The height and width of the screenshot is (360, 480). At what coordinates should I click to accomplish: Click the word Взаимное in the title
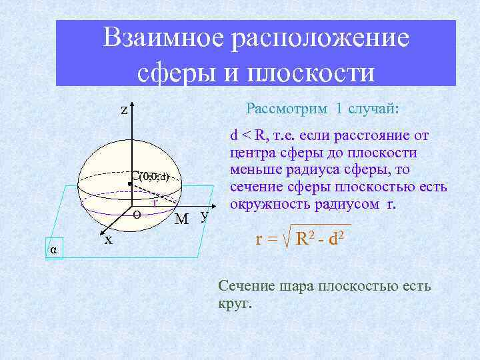pos(163,38)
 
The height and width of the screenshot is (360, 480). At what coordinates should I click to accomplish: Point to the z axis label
pos(124,110)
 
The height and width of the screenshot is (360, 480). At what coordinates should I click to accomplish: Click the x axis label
pos(108,239)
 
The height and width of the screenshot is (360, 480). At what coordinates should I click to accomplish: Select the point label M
pos(181,219)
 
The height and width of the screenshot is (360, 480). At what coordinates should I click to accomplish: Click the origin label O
pos(136,214)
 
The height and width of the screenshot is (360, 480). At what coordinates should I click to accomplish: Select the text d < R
pos(247,135)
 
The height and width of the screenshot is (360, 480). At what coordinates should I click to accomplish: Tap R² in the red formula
pos(306,238)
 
